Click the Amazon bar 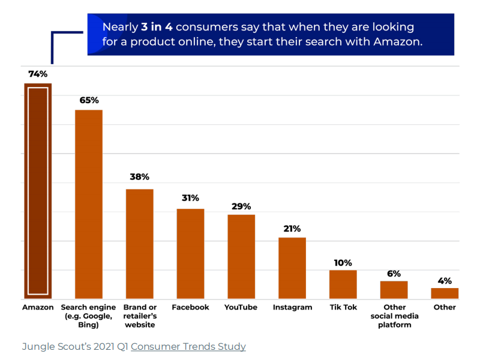pyautogui.click(x=38, y=191)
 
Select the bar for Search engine pyautogui.click(x=89, y=204)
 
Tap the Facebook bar pyautogui.click(x=190, y=253)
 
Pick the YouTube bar pyautogui.click(x=241, y=256)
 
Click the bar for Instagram pyautogui.click(x=292, y=268)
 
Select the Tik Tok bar pyautogui.click(x=343, y=284)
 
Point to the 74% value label pyautogui.click(x=38, y=74)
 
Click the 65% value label pyautogui.click(x=89, y=100)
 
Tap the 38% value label pyautogui.click(x=139, y=178)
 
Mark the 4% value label pyautogui.click(x=445, y=281)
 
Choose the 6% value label pyautogui.click(x=394, y=274)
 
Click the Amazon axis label pyautogui.click(x=38, y=307)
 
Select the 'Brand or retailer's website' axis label pyautogui.click(x=139, y=316)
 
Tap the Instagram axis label pyautogui.click(x=292, y=307)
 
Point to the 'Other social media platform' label pyautogui.click(x=394, y=316)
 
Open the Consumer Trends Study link pyautogui.click(x=188, y=347)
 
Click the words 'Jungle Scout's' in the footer pyautogui.click(x=53, y=347)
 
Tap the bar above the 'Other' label pyautogui.click(x=445, y=293)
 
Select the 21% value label pyautogui.click(x=292, y=229)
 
